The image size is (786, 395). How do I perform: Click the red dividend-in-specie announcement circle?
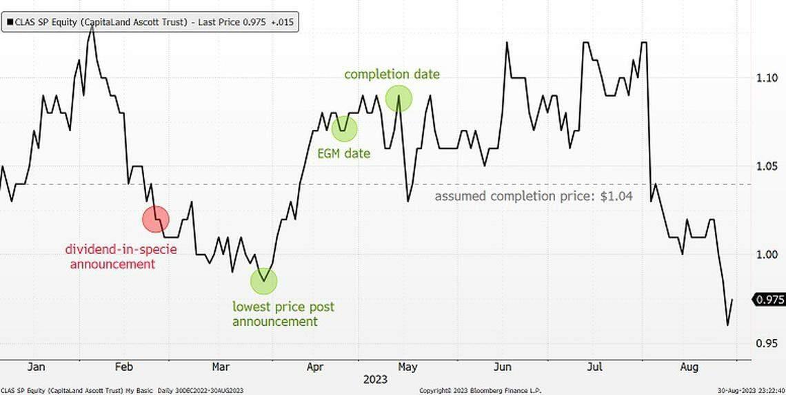coord(155,219)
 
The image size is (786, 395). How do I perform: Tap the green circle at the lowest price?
coord(263,280)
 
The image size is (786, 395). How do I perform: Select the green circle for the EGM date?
coord(345,128)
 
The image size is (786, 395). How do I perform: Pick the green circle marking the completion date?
coord(399,99)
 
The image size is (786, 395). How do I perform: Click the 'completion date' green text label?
coord(392,74)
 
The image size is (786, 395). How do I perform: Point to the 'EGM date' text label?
coord(343,153)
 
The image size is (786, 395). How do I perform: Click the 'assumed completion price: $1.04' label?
coord(534,196)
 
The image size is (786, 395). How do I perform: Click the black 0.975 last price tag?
coord(769,300)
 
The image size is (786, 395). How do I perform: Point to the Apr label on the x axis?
coord(314,366)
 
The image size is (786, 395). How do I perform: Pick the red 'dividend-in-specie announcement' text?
coord(121,256)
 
